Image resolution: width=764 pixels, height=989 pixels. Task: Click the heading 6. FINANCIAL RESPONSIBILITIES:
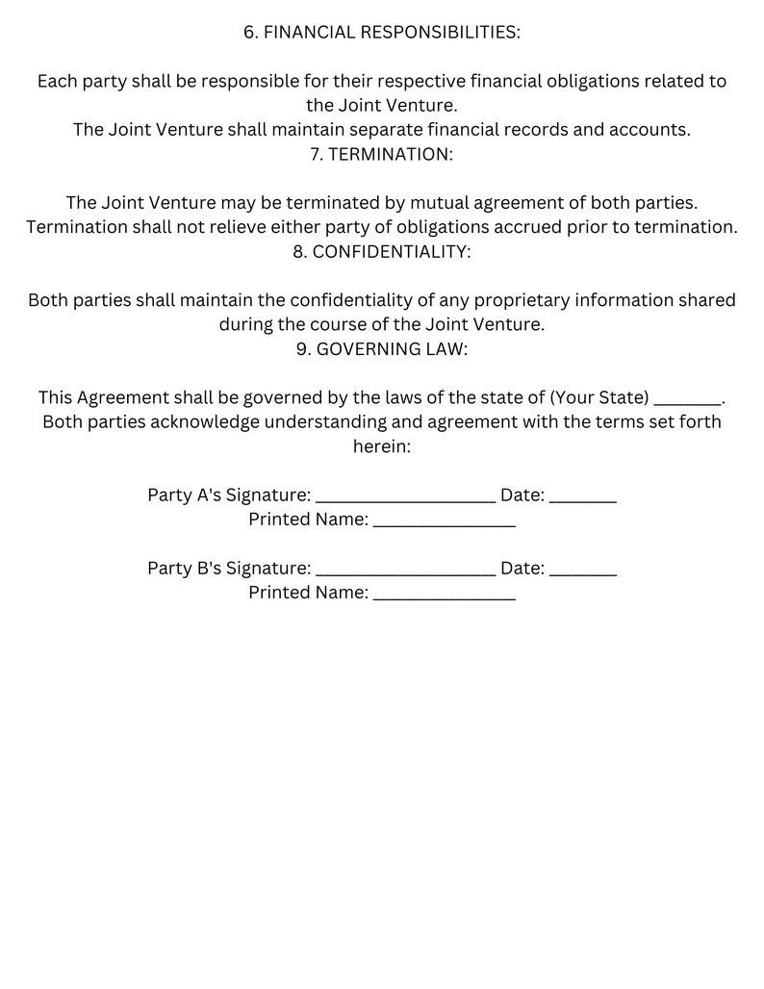382,33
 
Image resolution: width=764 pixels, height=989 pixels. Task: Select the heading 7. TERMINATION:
382,154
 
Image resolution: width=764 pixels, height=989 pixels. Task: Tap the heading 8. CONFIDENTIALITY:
382,252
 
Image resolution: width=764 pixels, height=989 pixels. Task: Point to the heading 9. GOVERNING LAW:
382,349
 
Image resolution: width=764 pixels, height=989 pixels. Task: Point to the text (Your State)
598,397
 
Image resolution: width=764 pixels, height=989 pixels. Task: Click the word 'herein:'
382,446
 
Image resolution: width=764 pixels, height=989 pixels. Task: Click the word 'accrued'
531,227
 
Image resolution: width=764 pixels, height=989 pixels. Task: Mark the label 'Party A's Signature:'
229,494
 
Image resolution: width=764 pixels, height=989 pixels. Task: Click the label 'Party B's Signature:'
229,568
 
